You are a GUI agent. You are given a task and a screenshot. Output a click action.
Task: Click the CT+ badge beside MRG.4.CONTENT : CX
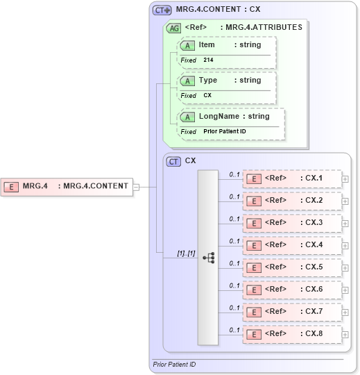click(162, 10)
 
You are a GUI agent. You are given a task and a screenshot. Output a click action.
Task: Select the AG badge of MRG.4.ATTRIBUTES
click(173, 28)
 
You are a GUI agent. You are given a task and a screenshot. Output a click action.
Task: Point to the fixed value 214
click(208, 60)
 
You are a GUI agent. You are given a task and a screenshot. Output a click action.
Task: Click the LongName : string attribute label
click(234, 116)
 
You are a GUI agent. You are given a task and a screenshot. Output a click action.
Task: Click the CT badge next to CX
click(174, 161)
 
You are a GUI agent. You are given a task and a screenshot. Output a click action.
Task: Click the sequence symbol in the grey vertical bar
click(208, 257)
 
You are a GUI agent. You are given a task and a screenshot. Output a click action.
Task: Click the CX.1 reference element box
click(291, 178)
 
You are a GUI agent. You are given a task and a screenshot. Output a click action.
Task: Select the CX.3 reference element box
click(291, 223)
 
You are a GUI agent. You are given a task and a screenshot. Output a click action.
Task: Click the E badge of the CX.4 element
click(255, 246)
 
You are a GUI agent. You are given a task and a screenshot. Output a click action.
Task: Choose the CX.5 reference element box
click(291, 267)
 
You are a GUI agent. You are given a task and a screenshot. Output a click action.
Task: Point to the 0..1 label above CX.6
click(234, 285)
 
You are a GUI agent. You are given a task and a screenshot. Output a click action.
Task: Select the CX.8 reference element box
click(291, 334)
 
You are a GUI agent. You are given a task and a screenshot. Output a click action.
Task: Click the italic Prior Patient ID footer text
click(174, 365)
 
